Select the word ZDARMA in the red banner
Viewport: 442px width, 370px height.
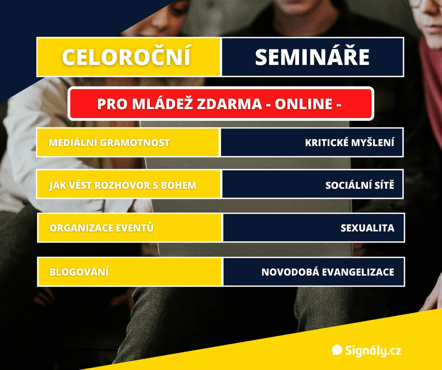click(x=230, y=104)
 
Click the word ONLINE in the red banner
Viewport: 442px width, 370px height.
click(x=304, y=104)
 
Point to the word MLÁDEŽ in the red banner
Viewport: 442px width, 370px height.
click(x=163, y=104)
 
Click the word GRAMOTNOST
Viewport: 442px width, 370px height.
click(x=135, y=143)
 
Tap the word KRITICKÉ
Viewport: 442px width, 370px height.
click(x=327, y=142)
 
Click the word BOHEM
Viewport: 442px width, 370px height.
click(x=178, y=185)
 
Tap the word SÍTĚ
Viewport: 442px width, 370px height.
click(x=384, y=185)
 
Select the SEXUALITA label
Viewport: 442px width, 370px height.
click(x=367, y=228)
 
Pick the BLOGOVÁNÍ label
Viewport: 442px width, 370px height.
click(x=79, y=272)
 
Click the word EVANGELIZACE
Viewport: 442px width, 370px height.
click(x=358, y=272)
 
